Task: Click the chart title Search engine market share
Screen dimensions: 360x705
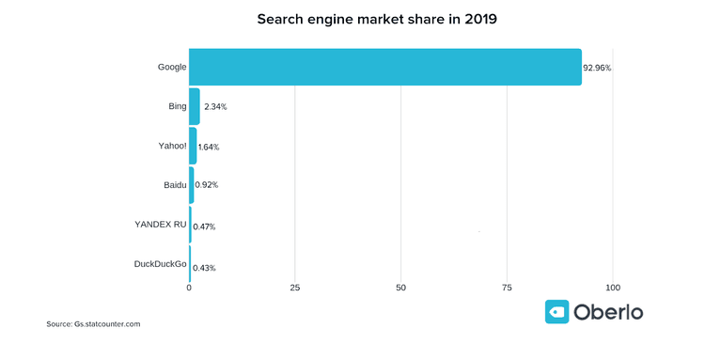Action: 352,18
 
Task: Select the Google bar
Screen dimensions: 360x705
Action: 384,67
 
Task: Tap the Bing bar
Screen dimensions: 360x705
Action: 195,106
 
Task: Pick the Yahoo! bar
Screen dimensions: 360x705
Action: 193,146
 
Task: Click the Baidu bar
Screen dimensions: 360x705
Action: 192,185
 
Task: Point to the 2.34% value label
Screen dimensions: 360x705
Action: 215,107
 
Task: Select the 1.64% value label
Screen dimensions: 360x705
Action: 209,148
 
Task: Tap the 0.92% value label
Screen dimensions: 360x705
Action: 207,185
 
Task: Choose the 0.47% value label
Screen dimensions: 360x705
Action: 204,227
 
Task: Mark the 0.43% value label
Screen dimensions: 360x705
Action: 204,268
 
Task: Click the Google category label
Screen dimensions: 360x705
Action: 172,67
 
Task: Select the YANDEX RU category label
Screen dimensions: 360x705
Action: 161,224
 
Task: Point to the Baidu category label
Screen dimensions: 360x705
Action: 174,185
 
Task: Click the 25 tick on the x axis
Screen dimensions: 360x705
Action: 295,288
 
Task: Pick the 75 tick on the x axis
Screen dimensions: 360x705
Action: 508,288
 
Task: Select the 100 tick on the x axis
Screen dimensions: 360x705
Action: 613,288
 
